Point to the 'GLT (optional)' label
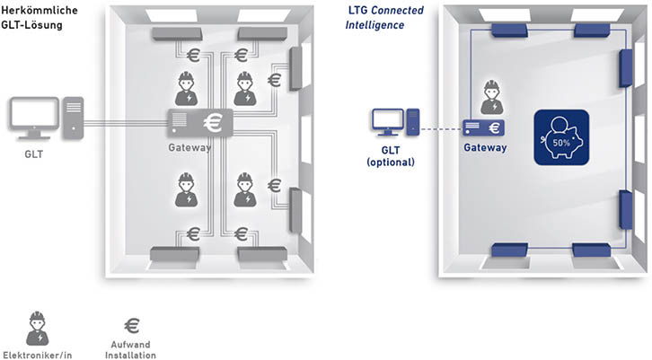point(392,156)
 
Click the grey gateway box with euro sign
point(200,120)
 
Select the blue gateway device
point(483,127)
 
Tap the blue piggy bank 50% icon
point(562,138)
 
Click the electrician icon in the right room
point(490,95)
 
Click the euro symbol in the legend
point(133,324)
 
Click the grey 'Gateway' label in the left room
point(189,146)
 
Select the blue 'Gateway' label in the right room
point(485,147)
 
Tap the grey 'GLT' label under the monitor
point(34,154)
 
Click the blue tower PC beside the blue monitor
point(412,121)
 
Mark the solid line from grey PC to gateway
point(125,120)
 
